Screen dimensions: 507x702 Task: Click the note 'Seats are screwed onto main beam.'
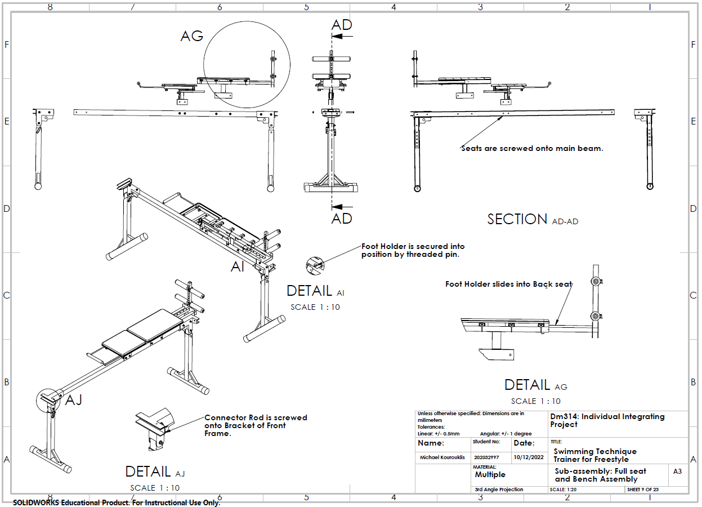tap(532, 149)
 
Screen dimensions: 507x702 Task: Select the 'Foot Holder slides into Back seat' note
tap(508, 284)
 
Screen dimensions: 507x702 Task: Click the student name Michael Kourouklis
tap(442, 458)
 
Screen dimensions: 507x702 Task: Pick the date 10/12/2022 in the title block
tap(529, 457)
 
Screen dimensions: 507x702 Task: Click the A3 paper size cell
tap(677, 471)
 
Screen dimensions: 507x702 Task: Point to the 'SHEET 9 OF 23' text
tap(643, 490)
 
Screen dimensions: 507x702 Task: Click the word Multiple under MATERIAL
tap(490, 475)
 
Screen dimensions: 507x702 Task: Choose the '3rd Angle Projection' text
tap(499, 490)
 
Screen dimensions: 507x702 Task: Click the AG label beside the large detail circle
tap(191, 36)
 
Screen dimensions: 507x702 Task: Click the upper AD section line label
tap(342, 25)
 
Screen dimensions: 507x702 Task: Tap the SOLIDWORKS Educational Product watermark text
tap(117, 502)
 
